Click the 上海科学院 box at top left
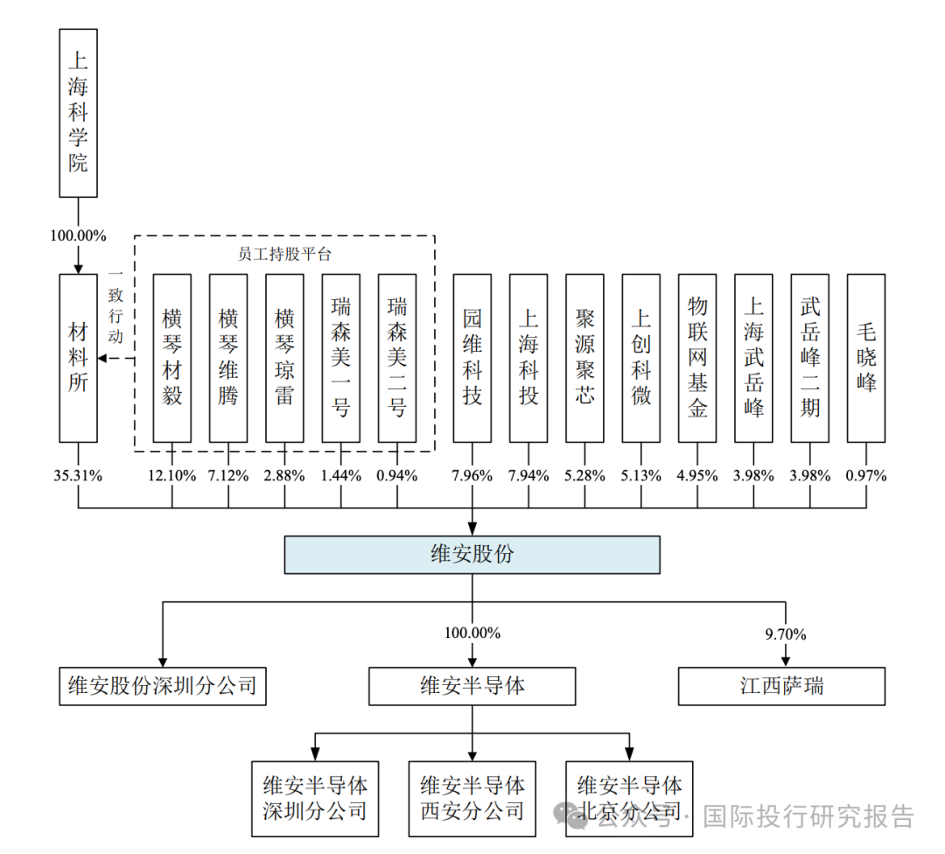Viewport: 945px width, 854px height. click(x=78, y=112)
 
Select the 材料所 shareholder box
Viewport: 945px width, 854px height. click(x=78, y=357)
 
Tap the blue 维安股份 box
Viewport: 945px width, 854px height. click(x=472, y=555)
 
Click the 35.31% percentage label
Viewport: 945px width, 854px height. click(x=78, y=476)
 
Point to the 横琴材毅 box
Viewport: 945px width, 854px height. click(x=171, y=357)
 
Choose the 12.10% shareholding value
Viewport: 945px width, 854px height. click(x=171, y=476)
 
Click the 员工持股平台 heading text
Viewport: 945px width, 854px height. click(x=284, y=255)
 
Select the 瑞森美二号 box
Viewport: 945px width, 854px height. click(x=397, y=357)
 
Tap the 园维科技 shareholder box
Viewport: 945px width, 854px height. click(x=472, y=357)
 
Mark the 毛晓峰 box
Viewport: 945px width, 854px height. click(x=866, y=357)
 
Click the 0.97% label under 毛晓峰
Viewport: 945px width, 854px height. click(x=866, y=476)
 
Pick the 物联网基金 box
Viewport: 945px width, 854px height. click(x=697, y=357)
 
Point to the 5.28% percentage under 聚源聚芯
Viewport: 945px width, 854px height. click(x=584, y=476)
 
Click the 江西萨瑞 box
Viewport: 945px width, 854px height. click(x=781, y=686)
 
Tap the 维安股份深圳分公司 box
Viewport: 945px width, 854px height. click(x=162, y=686)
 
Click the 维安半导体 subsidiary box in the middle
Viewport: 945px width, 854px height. click(x=472, y=686)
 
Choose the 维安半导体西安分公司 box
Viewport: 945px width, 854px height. click(x=472, y=797)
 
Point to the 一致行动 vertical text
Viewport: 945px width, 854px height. click(x=116, y=306)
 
